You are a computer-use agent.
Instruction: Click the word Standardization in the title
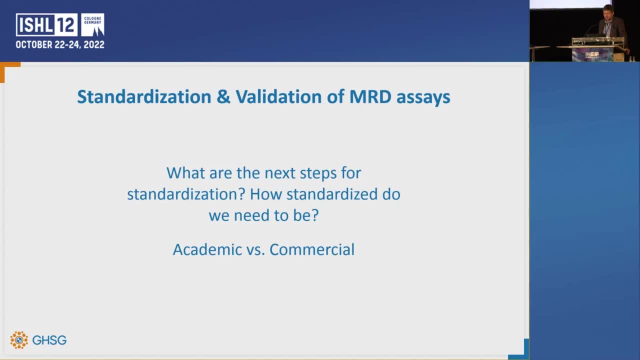[144, 97]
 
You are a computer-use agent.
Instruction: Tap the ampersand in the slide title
[223, 97]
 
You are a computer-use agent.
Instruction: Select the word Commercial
[312, 249]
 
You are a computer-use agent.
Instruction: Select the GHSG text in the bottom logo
[49, 340]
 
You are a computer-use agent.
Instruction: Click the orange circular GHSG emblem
[19, 340]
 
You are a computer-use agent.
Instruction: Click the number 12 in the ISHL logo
[67, 25]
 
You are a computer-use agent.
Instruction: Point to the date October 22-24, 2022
[60, 45]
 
